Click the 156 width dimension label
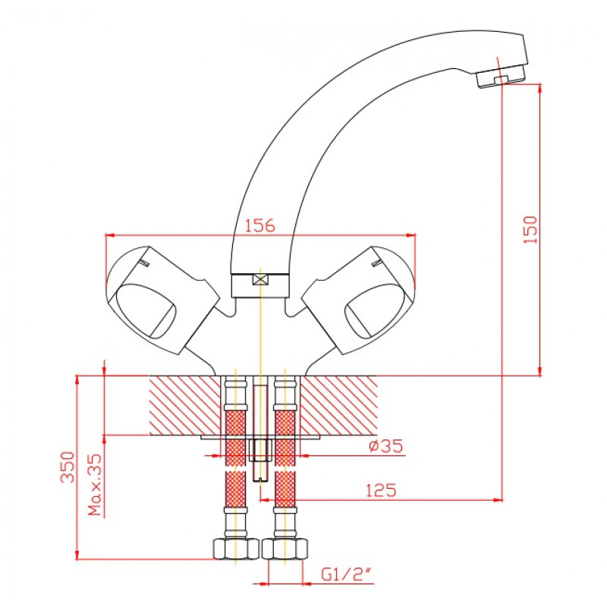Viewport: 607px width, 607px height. (x=260, y=225)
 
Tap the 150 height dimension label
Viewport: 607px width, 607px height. (x=530, y=230)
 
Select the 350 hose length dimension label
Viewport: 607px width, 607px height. (x=68, y=467)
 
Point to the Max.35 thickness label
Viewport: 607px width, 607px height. (x=94, y=485)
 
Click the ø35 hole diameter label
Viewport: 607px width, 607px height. (x=385, y=445)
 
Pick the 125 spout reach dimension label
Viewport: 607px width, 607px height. (x=381, y=490)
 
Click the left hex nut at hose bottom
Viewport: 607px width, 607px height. (x=236, y=548)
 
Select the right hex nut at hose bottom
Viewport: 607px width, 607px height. (x=285, y=548)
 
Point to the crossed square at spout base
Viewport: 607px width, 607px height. (x=260, y=279)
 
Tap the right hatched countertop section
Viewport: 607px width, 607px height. (x=339, y=405)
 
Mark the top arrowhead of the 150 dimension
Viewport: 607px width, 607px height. (x=540, y=88)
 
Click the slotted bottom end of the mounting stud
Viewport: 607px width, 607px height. (x=260, y=480)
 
